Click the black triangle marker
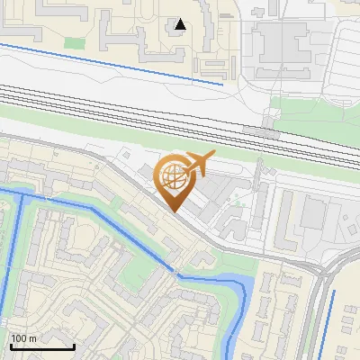(x=181, y=24)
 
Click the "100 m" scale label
(x=23, y=338)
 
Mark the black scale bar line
(x=41, y=346)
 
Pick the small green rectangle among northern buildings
(x=73, y=41)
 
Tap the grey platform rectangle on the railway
(x=262, y=131)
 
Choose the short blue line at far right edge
(x=329, y=319)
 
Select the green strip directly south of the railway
(x=90, y=130)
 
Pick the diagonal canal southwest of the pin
(x=108, y=229)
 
